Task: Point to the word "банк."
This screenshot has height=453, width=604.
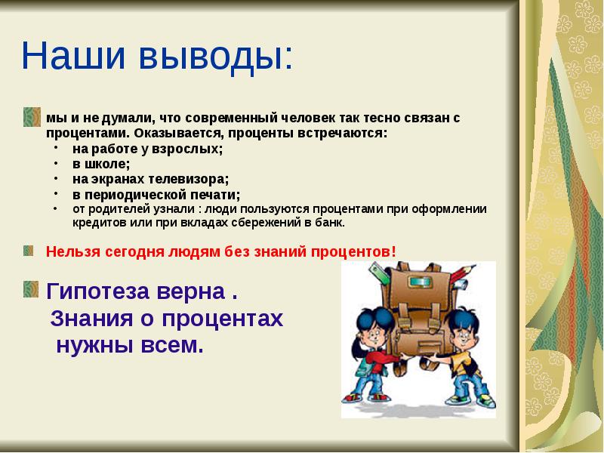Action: [x=330, y=223]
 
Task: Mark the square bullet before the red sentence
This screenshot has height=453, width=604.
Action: [x=29, y=250]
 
